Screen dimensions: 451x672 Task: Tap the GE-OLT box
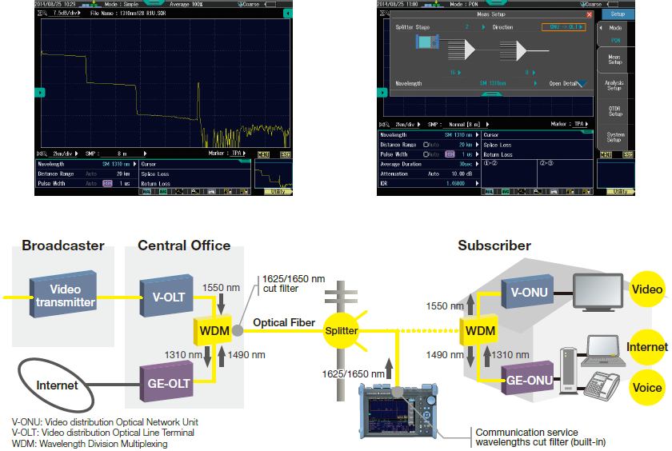[168, 382]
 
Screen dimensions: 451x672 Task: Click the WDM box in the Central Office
[214, 329]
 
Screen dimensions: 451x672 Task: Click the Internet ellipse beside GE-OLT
[58, 385]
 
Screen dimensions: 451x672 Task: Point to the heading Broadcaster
[63, 245]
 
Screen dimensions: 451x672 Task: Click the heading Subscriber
[494, 245]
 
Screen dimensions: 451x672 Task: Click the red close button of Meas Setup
[590, 14]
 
